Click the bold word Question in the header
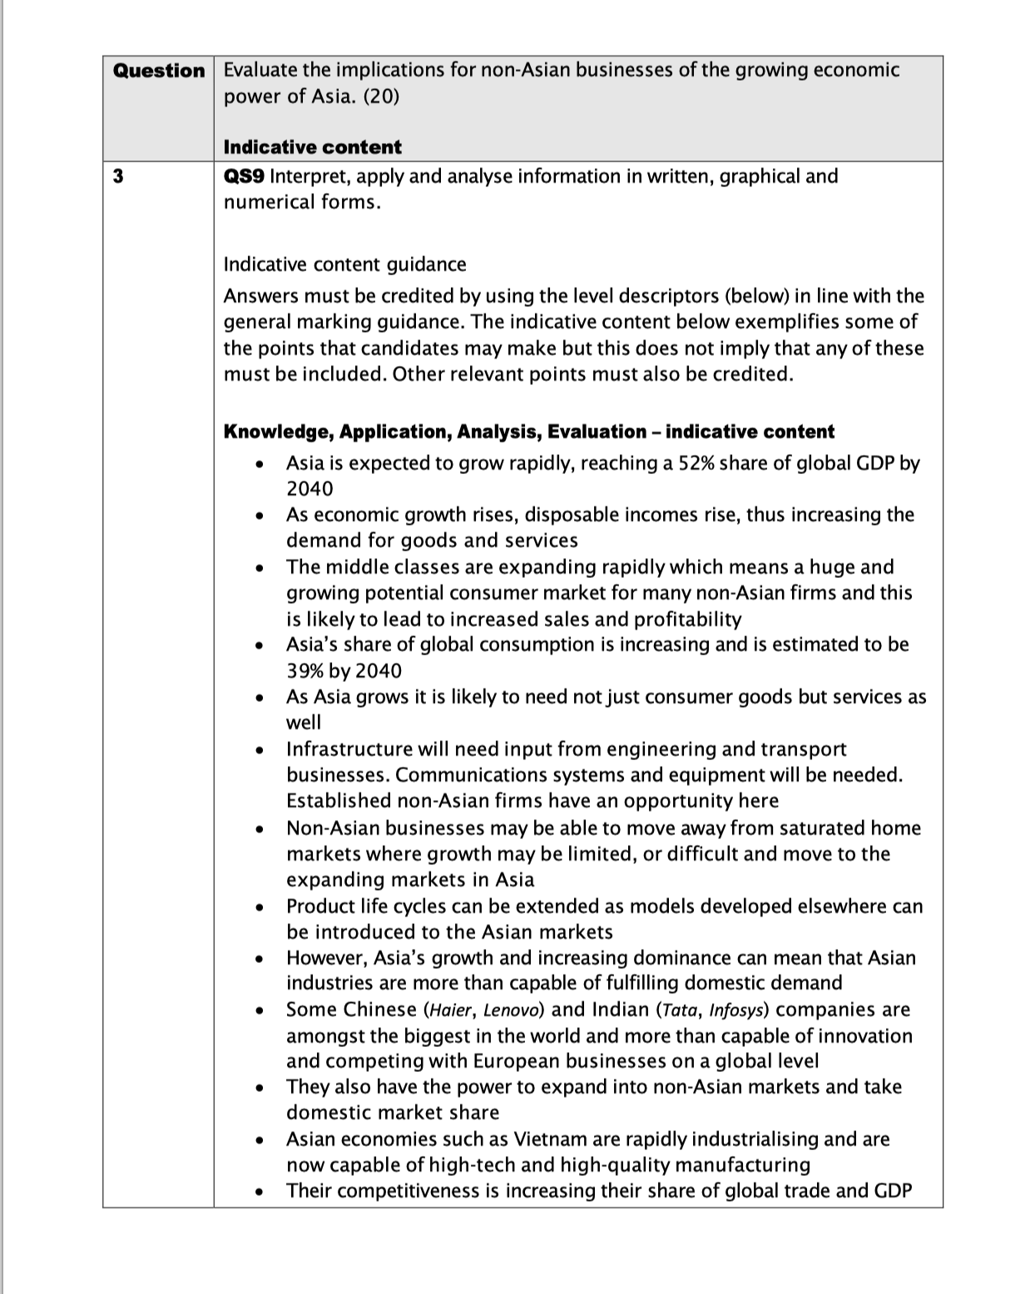(x=158, y=71)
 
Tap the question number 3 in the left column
(x=118, y=176)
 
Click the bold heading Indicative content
(x=312, y=147)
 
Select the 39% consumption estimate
(x=307, y=671)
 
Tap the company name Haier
(x=453, y=1010)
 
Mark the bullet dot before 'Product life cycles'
(x=261, y=907)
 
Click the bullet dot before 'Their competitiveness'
(x=261, y=1192)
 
